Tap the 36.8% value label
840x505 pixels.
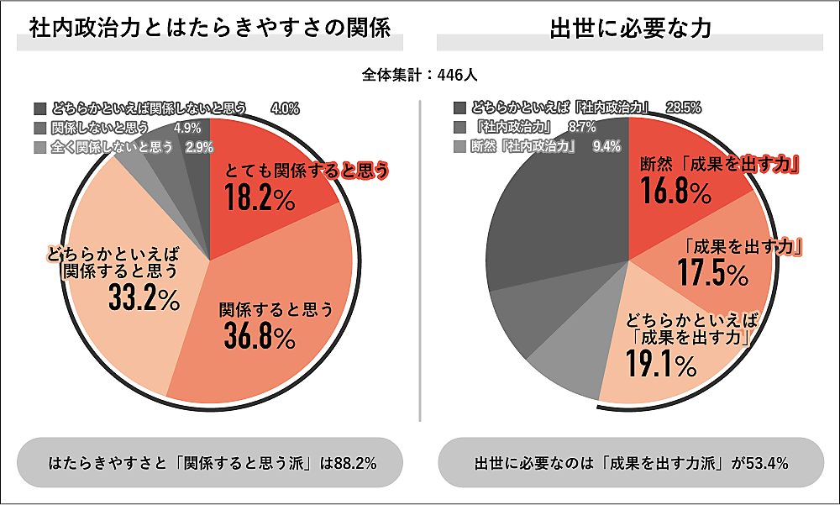click(260, 336)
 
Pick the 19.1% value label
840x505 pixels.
click(661, 364)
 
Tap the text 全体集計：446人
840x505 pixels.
click(420, 75)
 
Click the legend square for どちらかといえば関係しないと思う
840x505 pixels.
click(40, 108)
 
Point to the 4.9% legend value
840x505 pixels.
click(186, 128)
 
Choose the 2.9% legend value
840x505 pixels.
click(200, 147)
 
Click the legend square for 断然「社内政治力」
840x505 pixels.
click(459, 147)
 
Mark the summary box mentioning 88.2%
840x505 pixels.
click(210, 463)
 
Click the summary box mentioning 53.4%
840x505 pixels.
click(630, 463)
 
